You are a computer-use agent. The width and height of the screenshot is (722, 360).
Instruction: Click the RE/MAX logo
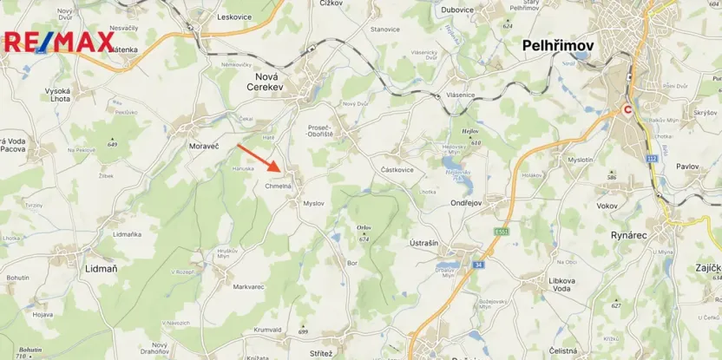tap(59, 41)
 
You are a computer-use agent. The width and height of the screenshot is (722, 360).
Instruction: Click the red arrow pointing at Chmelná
tap(259, 159)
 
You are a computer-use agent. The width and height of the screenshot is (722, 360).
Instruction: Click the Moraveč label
tap(205, 147)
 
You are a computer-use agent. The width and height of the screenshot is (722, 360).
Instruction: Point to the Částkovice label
tap(397, 170)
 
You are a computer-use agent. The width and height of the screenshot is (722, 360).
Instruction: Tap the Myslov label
tap(312, 203)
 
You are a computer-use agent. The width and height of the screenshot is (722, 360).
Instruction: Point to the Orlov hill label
tap(363, 228)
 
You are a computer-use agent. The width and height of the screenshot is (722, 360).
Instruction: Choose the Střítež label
tap(320, 353)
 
